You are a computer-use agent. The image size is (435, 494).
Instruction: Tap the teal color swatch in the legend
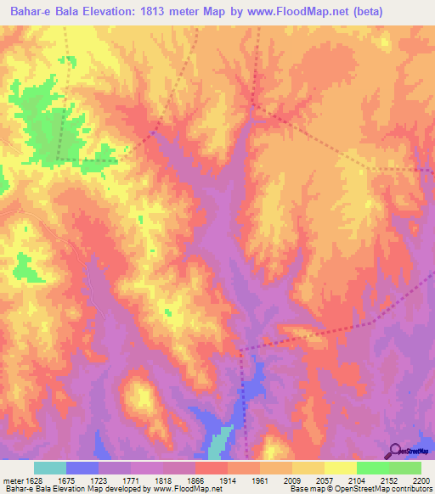[x=50, y=468]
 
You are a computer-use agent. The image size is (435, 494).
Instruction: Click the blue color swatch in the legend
[x=82, y=468]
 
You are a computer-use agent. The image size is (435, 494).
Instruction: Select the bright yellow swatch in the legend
[x=340, y=468]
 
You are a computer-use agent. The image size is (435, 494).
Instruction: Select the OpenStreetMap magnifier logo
[x=394, y=451]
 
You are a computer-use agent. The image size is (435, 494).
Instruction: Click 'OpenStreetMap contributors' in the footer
[x=383, y=489]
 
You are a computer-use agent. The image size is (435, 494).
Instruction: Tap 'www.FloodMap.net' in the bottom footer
[x=183, y=489]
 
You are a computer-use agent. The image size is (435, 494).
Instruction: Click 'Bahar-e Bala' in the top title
[x=42, y=12]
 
